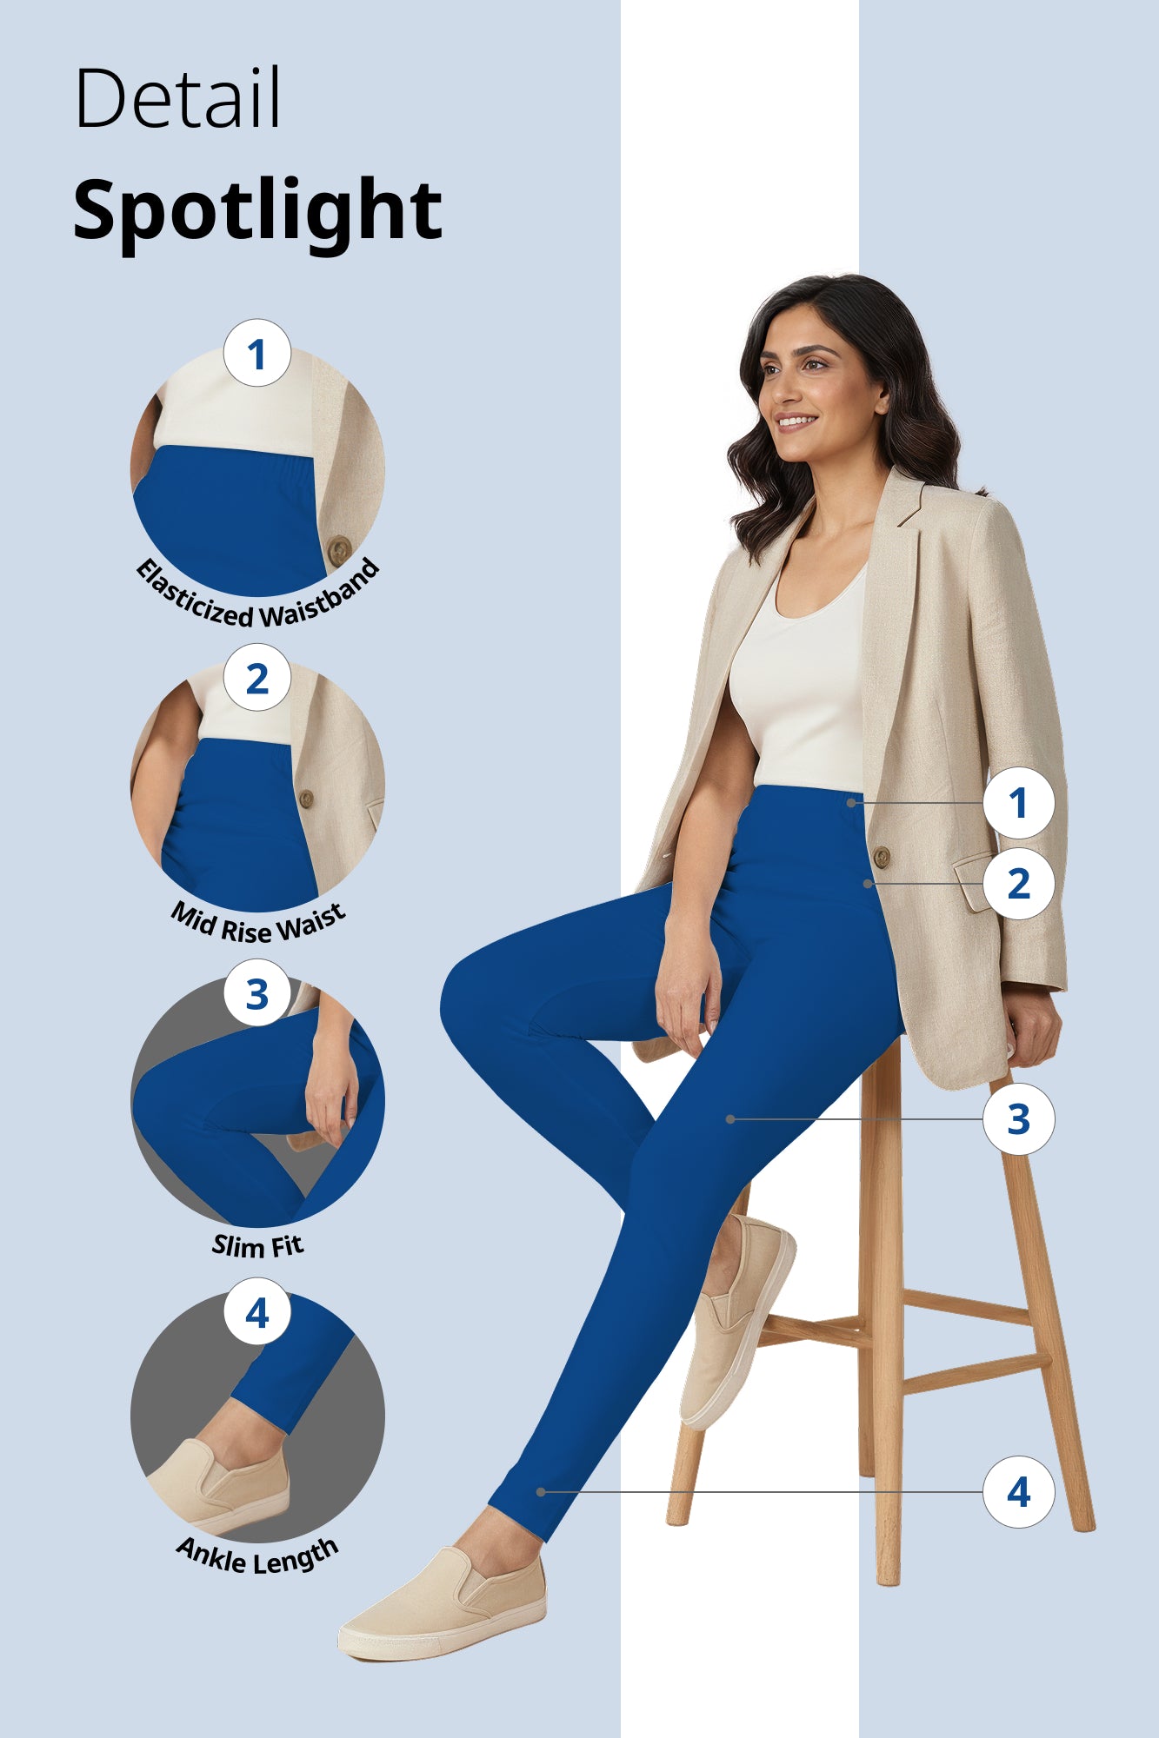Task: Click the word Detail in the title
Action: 177,98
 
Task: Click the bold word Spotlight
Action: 257,210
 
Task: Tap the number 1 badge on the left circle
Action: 256,354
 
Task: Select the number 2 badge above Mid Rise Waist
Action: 256,678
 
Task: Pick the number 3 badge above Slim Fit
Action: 256,993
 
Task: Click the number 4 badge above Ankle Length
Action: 256,1312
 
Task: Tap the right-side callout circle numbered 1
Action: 1018,802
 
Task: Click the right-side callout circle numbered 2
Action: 1018,884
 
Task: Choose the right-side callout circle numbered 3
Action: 1018,1119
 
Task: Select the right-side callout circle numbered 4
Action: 1018,1492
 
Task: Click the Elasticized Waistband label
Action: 258,600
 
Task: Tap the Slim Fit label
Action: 257,1246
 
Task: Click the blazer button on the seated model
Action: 881,857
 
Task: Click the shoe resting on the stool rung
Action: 735,1321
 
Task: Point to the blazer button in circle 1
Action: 338,549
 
